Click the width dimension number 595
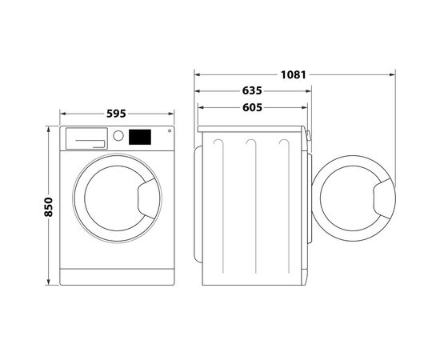coord(116,114)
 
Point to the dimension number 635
coord(252,90)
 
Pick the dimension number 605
coord(252,106)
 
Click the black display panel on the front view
coord(140,137)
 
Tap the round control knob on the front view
coord(118,137)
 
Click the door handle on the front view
coord(149,202)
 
